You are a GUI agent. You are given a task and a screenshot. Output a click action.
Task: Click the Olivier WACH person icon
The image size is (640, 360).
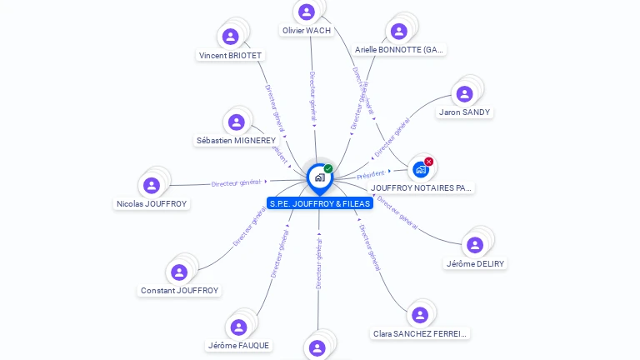click(306, 12)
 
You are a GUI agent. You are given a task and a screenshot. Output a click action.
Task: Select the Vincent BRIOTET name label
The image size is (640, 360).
click(230, 56)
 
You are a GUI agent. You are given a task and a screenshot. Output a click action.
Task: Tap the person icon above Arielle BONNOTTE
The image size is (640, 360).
click(398, 31)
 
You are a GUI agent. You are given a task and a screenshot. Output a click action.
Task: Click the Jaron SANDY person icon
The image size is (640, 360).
click(465, 93)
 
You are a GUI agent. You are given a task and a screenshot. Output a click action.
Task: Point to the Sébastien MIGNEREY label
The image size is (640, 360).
click(236, 141)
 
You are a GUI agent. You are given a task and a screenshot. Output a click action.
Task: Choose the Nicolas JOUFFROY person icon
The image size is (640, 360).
click(151, 185)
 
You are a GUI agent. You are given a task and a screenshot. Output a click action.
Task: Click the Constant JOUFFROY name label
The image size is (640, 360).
click(179, 291)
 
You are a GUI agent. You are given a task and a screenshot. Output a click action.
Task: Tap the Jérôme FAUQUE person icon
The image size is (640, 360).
click(238, 327)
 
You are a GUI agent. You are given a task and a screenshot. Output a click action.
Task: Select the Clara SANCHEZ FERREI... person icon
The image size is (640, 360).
click(419, 314)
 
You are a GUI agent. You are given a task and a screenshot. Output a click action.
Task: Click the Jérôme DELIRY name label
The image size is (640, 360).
click(475, 264)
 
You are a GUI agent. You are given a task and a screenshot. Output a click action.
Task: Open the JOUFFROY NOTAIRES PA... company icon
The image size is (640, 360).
click(421, 169)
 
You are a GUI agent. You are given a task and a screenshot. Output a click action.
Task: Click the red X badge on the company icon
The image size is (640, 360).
click(429, 162)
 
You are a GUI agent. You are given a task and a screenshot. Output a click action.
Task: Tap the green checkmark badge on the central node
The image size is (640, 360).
click(328, 169)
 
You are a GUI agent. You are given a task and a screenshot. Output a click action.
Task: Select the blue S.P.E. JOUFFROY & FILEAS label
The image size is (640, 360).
click(320, 203)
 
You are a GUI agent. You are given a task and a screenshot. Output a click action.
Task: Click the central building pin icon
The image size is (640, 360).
click(319, 177)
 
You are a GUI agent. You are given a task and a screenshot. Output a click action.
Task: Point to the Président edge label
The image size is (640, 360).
click(371, 174)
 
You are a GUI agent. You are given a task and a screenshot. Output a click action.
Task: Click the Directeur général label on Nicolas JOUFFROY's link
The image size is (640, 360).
click(237, 182)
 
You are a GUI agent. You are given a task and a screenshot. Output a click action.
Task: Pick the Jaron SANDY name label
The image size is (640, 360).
click(465, 112)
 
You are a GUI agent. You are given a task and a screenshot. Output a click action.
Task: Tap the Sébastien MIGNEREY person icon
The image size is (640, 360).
click(237, 122)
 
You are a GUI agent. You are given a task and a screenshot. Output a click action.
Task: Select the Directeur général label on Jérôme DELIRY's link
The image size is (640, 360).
click(397, 212)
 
